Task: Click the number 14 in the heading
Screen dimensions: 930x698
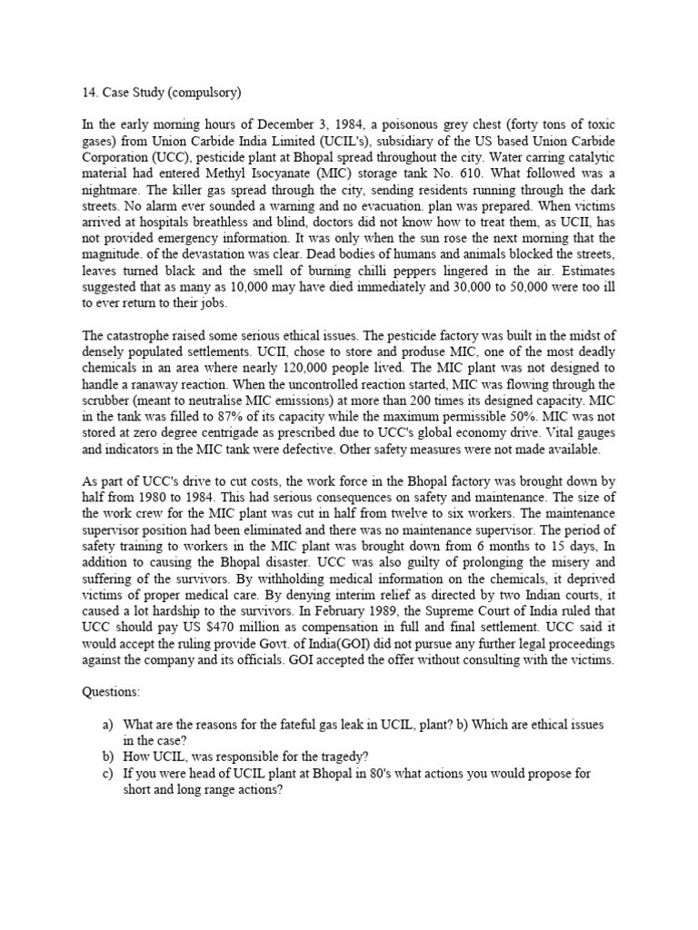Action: pyautogui.click(x=77, y=92)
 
